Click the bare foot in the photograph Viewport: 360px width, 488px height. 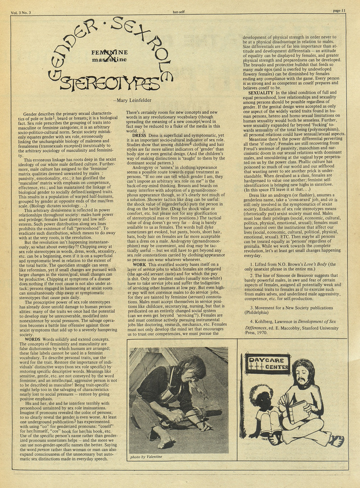166,441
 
